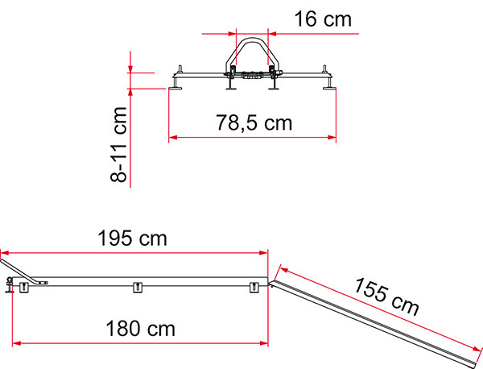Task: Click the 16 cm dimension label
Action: [x=320, y=19]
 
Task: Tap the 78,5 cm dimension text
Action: [x=254, y=123]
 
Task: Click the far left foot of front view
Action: [x=176, y=81]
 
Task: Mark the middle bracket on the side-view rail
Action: [x=136, y=288]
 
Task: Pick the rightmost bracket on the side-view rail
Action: [x=254, y=288]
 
